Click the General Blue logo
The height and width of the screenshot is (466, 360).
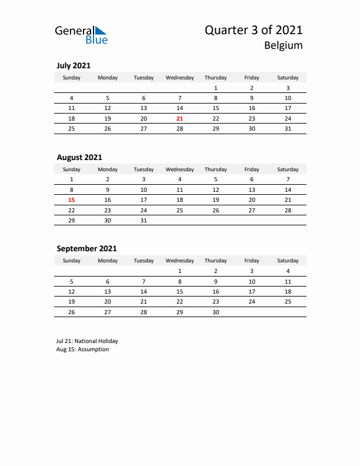[81, 35]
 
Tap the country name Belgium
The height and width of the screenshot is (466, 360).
[283, 46]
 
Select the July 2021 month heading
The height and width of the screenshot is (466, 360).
[74, 66]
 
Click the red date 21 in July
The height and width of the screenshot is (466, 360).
[180, 118]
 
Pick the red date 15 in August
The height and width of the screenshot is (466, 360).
[72, 199]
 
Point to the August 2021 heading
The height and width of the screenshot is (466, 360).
[79, 157]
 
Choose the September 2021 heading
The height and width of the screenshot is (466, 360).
[86, 248]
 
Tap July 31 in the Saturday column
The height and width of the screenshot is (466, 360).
[288, 128]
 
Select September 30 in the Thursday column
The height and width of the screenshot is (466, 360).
[216, 312]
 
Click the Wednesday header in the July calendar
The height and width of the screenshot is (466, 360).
[180, 78]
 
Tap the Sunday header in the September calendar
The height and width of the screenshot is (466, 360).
[72, 261]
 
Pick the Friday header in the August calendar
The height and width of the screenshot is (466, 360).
[252, 169]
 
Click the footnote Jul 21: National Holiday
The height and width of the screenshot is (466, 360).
[87, 341]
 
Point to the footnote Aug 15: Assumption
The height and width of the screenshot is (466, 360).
[83, 349]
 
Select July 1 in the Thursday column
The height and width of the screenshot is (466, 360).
[216, 88]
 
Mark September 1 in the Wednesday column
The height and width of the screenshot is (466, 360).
[180, 271]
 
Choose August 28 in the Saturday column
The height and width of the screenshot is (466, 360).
[288, 209]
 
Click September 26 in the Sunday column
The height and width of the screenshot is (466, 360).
[72, 312]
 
